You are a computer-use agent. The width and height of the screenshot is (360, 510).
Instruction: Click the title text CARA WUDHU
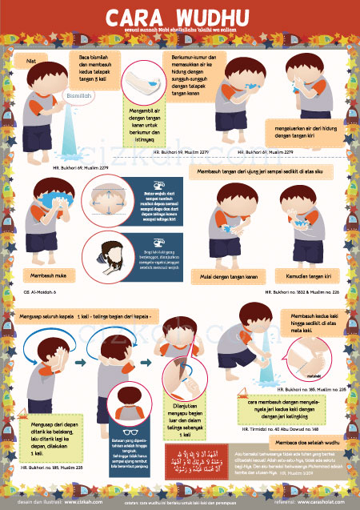180,18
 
